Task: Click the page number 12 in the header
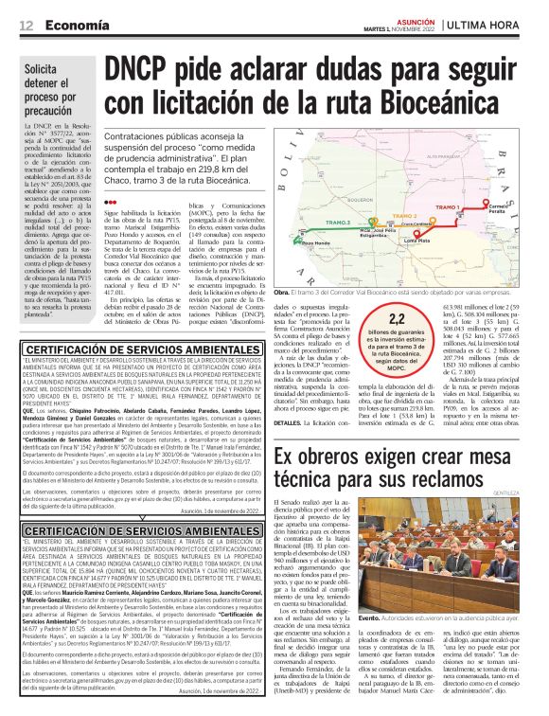[27, 26]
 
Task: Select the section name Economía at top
[76, 26]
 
